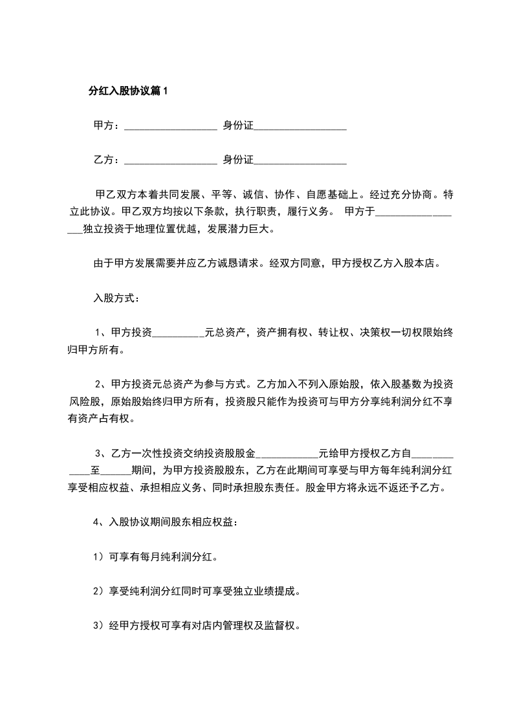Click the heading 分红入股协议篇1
(x=127, y=91)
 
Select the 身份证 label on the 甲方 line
(x=237, y=126)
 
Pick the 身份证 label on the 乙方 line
(x=237, y=159)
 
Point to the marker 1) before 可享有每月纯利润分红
(x=98, y=556)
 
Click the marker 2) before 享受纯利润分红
(x=98, y=591)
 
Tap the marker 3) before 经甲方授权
(x=98, y=626)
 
